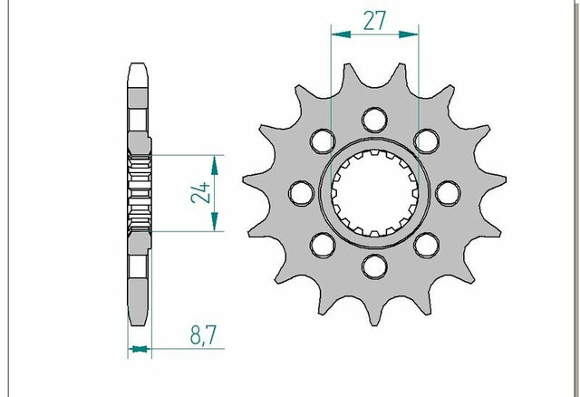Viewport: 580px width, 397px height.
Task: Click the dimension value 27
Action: [x=374, y=21]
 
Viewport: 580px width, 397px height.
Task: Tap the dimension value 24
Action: [x=201, y=193]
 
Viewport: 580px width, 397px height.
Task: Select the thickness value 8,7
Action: [x=203, y=334]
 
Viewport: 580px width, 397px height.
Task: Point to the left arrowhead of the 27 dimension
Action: [x=341, y=34]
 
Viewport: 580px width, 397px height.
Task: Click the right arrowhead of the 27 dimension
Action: [x=409, y=34]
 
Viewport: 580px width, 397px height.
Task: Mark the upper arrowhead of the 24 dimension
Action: [x=215, y=165]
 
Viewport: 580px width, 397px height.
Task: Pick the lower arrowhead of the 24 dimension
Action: [x=215, y=222]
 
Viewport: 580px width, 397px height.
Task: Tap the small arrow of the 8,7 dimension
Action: [x=140, y=349]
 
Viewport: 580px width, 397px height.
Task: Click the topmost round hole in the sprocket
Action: [x=374, y=121]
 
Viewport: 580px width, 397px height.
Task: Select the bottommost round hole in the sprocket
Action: [x=374, y=266]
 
